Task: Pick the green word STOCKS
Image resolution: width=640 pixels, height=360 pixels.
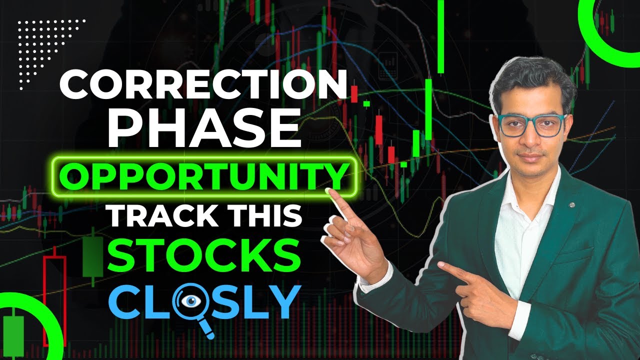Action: [205, 256]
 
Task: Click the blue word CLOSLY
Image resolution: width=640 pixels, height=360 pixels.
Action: [205, 301]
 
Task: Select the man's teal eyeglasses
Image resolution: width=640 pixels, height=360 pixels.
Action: [531, 124]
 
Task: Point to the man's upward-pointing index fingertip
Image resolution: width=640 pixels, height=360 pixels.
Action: [330, 192]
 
